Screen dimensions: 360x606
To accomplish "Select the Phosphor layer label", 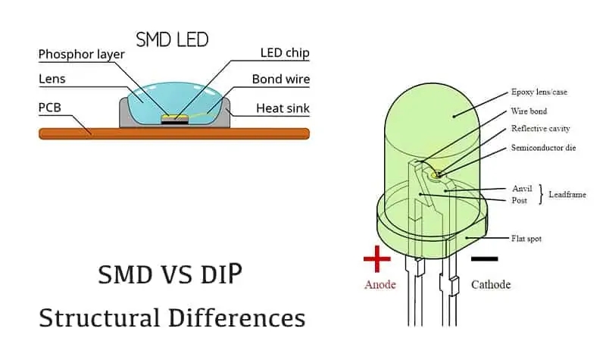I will [x=81, y=55].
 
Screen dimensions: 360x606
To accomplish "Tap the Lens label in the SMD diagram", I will [x=54, y=79].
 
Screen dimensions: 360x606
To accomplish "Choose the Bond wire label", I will [x=280, y=79].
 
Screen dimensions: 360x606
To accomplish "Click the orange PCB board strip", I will [x=174, y=134].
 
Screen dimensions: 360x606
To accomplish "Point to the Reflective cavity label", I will [x=540, y=129].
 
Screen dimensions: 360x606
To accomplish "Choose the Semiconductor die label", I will [x=543, y=147].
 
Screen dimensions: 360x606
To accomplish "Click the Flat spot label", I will [x=526, y=239].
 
